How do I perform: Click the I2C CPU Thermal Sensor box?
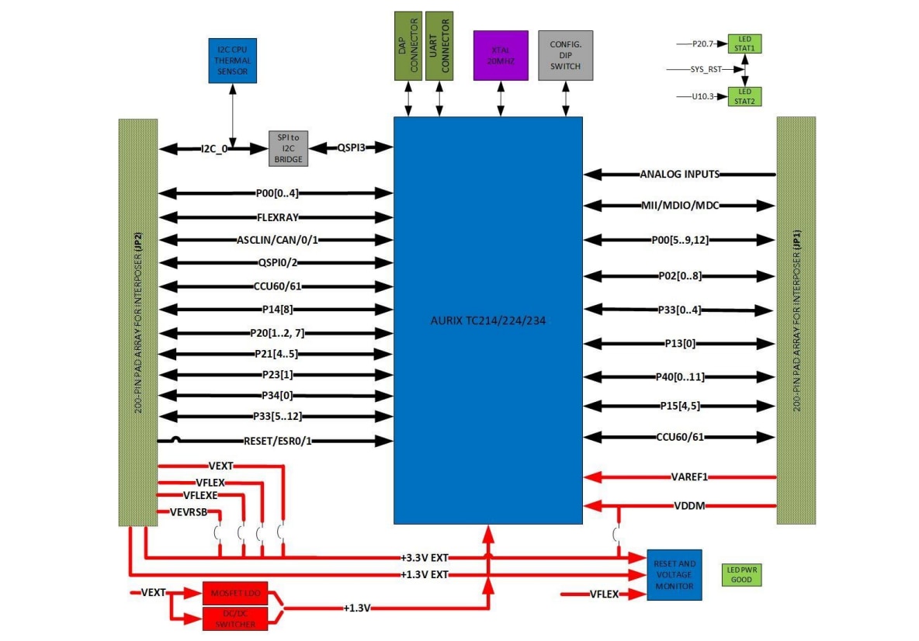tap(232, 60)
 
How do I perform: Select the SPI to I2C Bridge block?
tap(288, 147)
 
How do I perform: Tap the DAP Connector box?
tap(407, 45)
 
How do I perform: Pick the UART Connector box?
tap(439, 45)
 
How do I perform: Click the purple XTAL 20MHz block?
tap(501, 55)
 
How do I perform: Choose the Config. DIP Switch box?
tap(565, 55)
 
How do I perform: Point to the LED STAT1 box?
tap(744, 43)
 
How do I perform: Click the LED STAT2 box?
tap(744, 96)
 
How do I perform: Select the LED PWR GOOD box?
tap(740, 574)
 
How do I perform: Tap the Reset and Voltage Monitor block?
tap(675, 574)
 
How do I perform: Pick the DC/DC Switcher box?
tap(234, 618)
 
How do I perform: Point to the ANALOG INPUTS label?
tap(679, 174)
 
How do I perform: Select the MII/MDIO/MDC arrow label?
tap(680, 206)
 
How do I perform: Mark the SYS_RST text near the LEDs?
tap(706, 69)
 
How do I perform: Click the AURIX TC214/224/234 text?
tap(487, 320)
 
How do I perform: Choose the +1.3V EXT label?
tap(425, 574)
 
